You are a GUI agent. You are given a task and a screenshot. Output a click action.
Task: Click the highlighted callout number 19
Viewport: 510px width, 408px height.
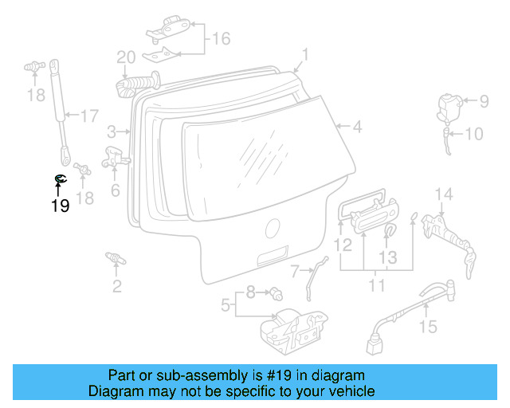(60, 206)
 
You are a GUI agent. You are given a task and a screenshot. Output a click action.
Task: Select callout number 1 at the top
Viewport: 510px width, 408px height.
(304, 55)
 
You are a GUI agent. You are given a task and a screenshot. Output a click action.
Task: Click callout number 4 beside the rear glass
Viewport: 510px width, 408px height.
(357, 126)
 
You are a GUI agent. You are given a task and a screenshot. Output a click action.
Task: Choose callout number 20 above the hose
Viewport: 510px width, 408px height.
(126, 57)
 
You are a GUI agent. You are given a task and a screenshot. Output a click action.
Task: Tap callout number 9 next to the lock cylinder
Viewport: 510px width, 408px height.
(483, 101)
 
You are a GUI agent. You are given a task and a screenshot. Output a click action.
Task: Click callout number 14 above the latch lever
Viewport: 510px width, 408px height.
(444, 194)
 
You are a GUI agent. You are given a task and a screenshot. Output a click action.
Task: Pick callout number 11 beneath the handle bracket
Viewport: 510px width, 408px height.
(376, 284)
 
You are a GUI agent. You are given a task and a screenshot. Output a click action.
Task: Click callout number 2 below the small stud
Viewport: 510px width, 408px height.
(117, 286)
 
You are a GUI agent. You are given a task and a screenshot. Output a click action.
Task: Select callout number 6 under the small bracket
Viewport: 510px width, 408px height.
(116, 190)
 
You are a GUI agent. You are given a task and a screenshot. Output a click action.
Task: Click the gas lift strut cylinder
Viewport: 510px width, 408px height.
(56, 92)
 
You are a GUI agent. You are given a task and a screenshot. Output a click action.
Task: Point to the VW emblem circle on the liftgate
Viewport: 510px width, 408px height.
(273, 229)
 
